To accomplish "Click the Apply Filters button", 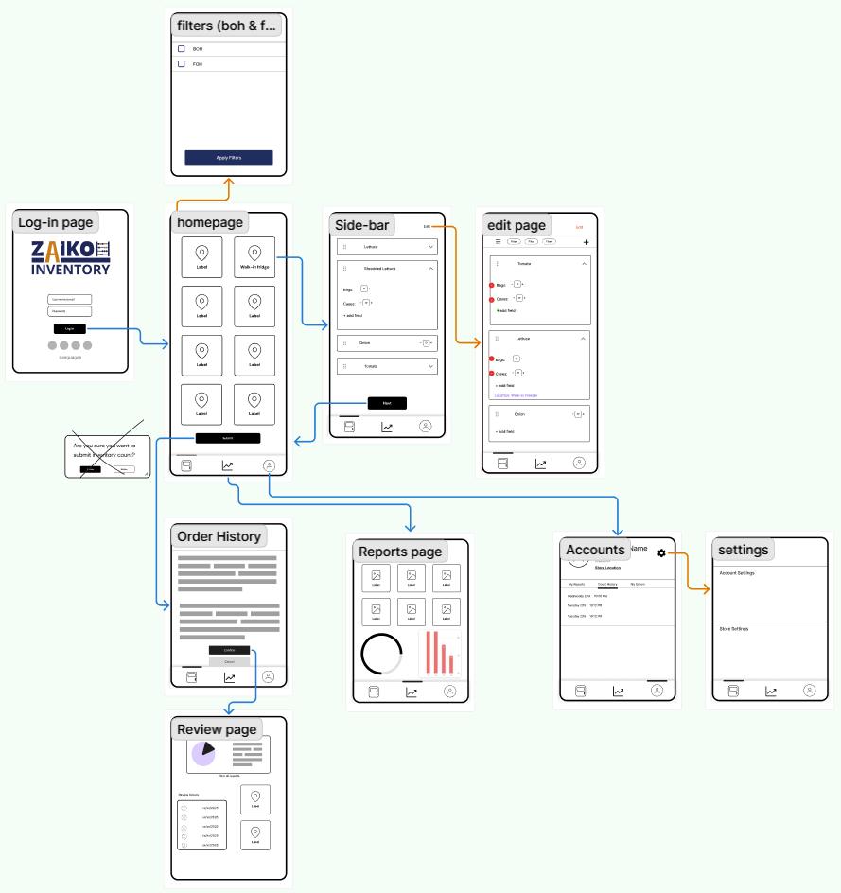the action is point(228,157).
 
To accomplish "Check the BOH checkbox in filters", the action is point(182,48).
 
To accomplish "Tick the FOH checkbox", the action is point(182,64).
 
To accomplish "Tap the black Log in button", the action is point(70,328).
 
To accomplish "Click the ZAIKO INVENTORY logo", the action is point(70,257).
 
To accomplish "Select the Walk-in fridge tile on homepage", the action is point(254,256).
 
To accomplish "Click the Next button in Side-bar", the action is point(387,403).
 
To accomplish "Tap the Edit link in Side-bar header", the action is point(427,227).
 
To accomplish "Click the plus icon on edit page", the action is point(586,242).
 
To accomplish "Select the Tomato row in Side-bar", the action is point(387,366).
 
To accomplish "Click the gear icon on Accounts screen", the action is point(661,553).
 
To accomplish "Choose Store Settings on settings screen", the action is point(734,628).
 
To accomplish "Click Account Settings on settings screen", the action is point(737,573).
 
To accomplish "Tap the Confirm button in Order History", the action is point(229,650).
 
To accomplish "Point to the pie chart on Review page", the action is point(203,753).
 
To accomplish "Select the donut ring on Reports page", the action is point(382,655).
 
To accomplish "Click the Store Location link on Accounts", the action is point(607,568).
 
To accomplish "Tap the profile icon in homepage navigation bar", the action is point(270,465).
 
